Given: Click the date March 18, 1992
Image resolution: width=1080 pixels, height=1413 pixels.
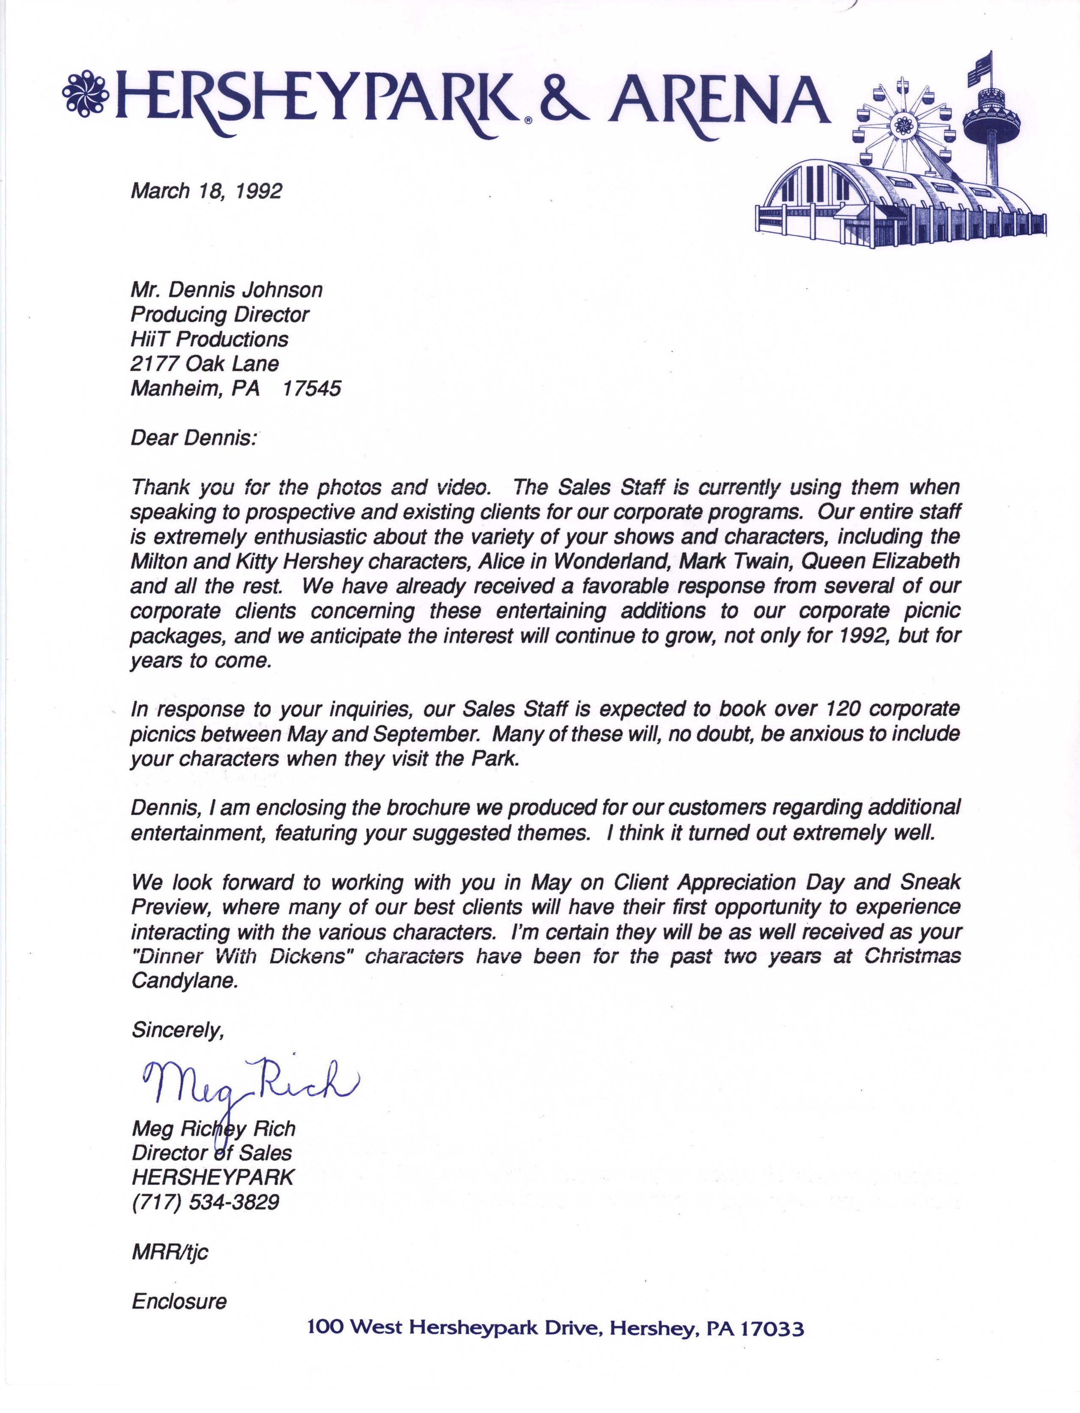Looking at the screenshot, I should (x=206, y=191).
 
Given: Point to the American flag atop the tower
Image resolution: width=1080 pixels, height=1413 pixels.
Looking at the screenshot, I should (x=979, y=69).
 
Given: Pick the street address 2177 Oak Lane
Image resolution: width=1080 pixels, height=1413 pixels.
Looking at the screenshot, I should (x=204, y=364).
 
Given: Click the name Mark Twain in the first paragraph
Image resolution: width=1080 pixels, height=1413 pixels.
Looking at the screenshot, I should (x=734, y=561).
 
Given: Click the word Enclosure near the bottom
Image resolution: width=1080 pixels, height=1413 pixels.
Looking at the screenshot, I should (x=179, y=1302).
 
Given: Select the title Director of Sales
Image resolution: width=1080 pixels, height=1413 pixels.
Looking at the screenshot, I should (x=212, y=1153).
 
